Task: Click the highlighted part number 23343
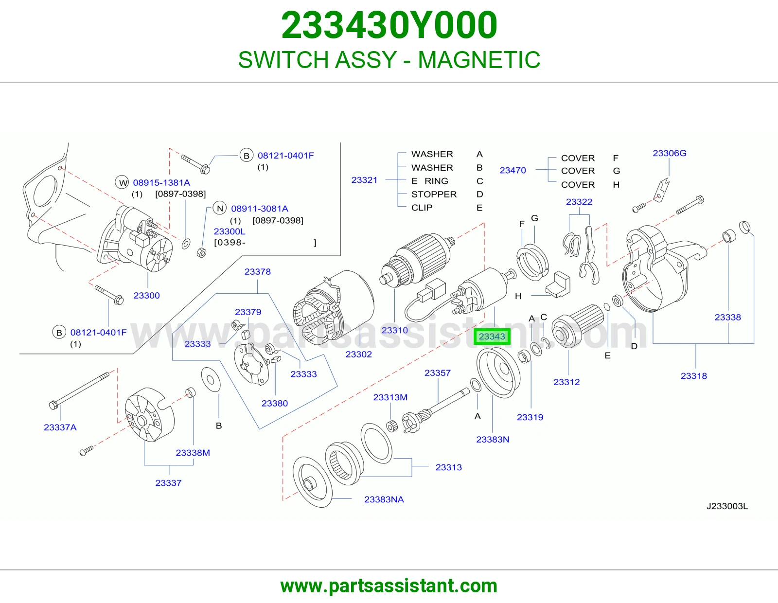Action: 492,337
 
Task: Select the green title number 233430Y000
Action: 389,25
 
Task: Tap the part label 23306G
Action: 670,153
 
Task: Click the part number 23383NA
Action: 384,499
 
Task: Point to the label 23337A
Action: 60,427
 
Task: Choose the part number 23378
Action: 257,272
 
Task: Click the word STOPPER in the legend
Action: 434,195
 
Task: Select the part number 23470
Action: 513,170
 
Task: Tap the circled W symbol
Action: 122,183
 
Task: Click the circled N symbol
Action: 219,209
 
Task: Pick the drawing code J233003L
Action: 727,506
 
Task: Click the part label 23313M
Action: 390,397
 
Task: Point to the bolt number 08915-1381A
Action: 161,183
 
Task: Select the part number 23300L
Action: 230,231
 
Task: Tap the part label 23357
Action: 438,373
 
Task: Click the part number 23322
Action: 579,202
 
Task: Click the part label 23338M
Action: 193,453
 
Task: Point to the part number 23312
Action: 566,382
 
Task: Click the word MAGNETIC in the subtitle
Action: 479,60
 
